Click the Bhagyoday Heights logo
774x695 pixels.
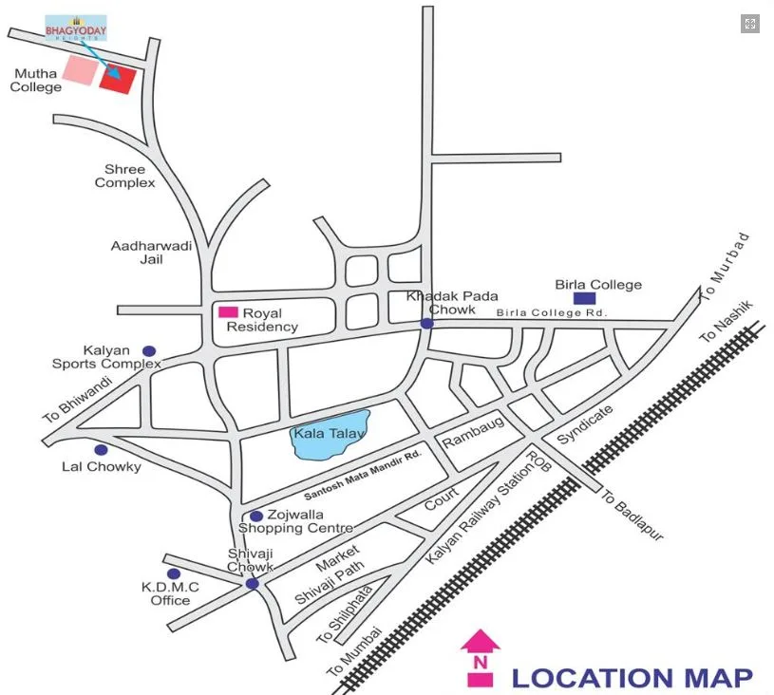tap(76, 28)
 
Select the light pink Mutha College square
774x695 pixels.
tap(80, 70)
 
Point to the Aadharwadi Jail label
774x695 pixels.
tap(152, 252)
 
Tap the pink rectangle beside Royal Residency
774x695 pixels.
tap(229, 311)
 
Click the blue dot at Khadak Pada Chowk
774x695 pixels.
tap(427, 324)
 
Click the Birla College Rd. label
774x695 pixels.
tap(551, 313)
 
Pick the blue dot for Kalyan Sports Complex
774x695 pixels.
tap(148, 350)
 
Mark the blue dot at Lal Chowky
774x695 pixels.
tap(101, 449)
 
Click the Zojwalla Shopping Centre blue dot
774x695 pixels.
tap(256, 516)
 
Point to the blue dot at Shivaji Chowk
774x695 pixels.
tap(252, 583)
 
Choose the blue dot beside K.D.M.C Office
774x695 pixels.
tap(174, 573)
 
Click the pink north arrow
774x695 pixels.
tap(480, 655)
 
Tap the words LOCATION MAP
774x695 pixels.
tap(632, 677)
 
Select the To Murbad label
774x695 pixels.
tap(725, 268)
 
